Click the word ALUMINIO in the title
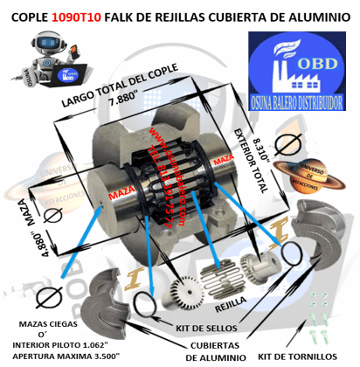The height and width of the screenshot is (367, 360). click(x=315, y=15)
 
